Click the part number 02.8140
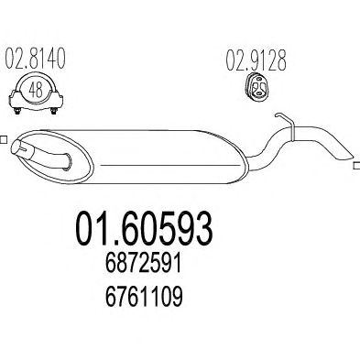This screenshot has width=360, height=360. click(x=36, y=59)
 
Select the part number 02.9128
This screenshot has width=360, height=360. click(x=256, y=60)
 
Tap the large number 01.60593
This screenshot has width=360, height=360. click(x=144, y=229)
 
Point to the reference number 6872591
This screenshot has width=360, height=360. click(x=144, y=265)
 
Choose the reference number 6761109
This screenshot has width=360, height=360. click(x=144, y=296)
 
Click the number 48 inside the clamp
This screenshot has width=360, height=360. click(x=36, y=90)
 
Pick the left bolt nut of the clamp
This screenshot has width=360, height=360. click(x=16, y=111)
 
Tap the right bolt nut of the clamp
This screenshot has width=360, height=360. click(x=54, y=111)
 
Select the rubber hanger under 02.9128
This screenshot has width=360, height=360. click(x=256, y=87)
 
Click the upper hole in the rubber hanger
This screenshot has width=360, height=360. click(x=259, y=80)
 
